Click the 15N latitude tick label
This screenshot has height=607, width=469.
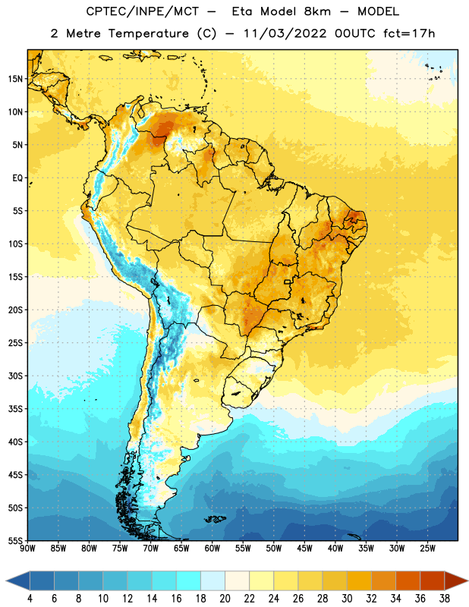[x=15, y=79]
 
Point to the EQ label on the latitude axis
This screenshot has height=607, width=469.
[x=17, y=178]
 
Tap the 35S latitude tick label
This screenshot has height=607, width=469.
[x=15, y=409]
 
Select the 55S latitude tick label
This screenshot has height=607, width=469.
[x=15, y=540]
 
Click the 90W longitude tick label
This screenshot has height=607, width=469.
[x=27, y=549]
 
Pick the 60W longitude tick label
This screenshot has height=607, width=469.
[x=212, y=549]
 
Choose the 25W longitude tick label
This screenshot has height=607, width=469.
[x=427, y=549]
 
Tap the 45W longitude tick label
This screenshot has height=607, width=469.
[x=304, y=549]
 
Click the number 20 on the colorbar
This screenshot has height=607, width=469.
[x=225, y=599]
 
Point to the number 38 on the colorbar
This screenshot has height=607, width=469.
[x=445, y=599]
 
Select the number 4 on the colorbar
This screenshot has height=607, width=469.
[x=30, y=599]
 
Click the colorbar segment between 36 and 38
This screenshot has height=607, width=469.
[x=433, y=580]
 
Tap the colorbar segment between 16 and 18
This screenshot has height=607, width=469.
[x=189, y=580]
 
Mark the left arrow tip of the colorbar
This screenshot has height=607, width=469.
[x=7, y=580]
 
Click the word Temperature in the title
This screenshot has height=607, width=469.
[x=148, y=33]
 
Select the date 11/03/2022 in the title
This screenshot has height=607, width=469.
[x=285, y=33]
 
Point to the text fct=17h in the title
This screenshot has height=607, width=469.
[x=409, y=33]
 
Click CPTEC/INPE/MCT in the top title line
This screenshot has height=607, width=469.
[x=143, y=11]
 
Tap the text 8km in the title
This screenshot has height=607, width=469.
[x=317, y=11]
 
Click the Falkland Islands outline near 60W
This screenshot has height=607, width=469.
[x=215, y=519]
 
